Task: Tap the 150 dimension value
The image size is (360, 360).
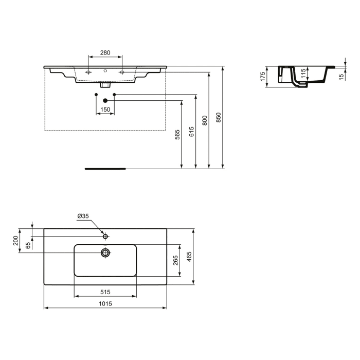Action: [105, 110]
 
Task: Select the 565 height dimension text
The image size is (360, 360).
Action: [177, 135]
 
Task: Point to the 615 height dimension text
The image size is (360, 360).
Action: [191, 132]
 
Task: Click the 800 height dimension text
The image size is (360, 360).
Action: [205, 120]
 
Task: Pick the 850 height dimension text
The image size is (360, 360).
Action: [218, 118]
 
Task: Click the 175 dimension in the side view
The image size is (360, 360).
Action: [262, 77]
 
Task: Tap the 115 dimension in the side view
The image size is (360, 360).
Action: [304, 74]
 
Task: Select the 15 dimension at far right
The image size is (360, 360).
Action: [341, 76]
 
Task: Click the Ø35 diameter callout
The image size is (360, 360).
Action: [83, 217]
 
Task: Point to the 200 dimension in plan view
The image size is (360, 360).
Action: [16, 241]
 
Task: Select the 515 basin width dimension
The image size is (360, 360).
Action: [105, 292]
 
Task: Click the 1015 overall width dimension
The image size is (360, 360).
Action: [105, 303]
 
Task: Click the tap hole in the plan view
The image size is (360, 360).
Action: [105, 237]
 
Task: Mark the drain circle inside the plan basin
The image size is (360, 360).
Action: [105, 252]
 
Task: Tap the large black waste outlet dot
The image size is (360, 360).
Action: [105, 100]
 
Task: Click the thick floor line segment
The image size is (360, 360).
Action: [105, 168]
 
